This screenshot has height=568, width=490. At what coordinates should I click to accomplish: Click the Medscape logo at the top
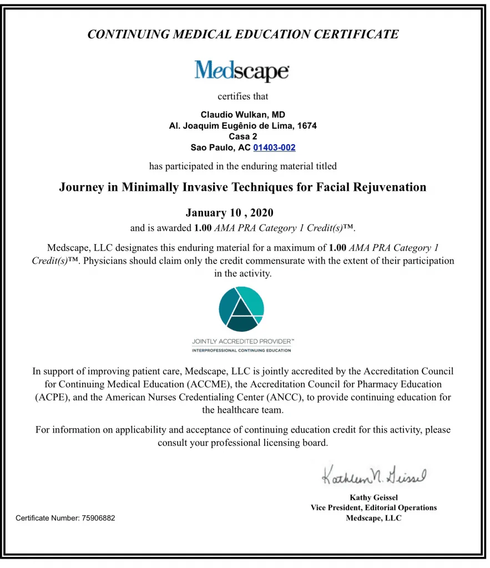(x=241, y=70)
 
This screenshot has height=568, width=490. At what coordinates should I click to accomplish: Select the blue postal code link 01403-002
(x=274, y=148)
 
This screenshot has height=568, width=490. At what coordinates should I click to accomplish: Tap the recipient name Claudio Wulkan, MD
(x=243, y=115)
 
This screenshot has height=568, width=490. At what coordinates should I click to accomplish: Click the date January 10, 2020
(x=229, y=213)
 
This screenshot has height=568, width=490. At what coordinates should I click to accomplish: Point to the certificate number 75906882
(x=98, y=518)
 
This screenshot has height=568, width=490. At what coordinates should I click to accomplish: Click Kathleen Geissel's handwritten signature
(x=373, y=475)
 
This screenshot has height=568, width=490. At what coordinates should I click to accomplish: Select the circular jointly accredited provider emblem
(x=241, y=308)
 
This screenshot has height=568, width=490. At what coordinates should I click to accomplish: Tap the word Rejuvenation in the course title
(x=387, y=187)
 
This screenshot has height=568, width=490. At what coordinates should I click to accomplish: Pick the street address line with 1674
(x=243, y=126)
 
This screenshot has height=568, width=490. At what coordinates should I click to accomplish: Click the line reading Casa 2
(x=243, y=136)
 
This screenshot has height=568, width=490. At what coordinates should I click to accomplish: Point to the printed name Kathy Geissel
(x=373, y=498)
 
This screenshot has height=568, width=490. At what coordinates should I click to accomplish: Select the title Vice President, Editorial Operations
(x=373, y=508)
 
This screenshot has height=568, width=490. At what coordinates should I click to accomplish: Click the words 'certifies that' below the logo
(x=243, y=97)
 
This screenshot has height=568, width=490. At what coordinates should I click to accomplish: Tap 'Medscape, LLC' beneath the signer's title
(x=373, y=518)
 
